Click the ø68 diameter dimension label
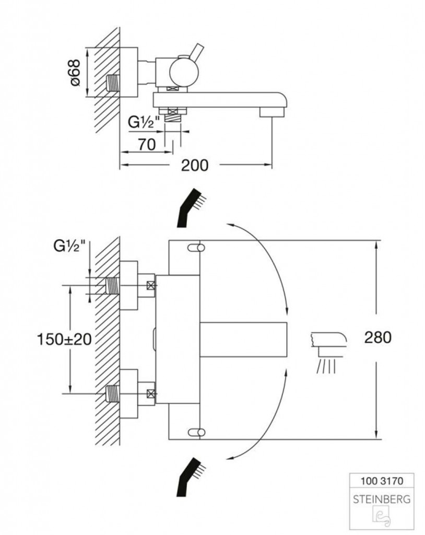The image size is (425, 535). pos(75,73)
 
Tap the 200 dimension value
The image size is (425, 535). pos(194,166)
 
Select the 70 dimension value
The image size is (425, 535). pos(147,145)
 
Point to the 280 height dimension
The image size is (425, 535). pos(378,338)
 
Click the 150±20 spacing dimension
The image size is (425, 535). pos(64,339)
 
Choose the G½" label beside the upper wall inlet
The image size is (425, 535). pos(69,246)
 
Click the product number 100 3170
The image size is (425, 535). pos(382,481)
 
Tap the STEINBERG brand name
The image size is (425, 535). pos(382,499)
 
